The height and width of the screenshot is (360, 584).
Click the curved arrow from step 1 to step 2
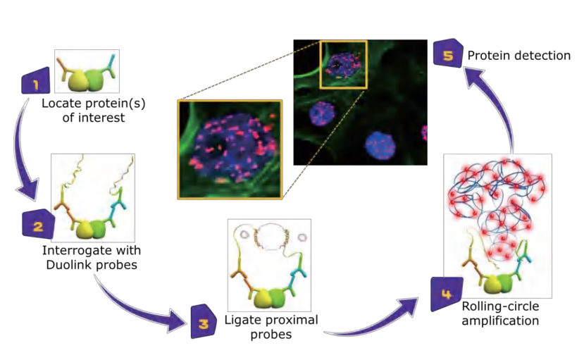pos(31,155)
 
